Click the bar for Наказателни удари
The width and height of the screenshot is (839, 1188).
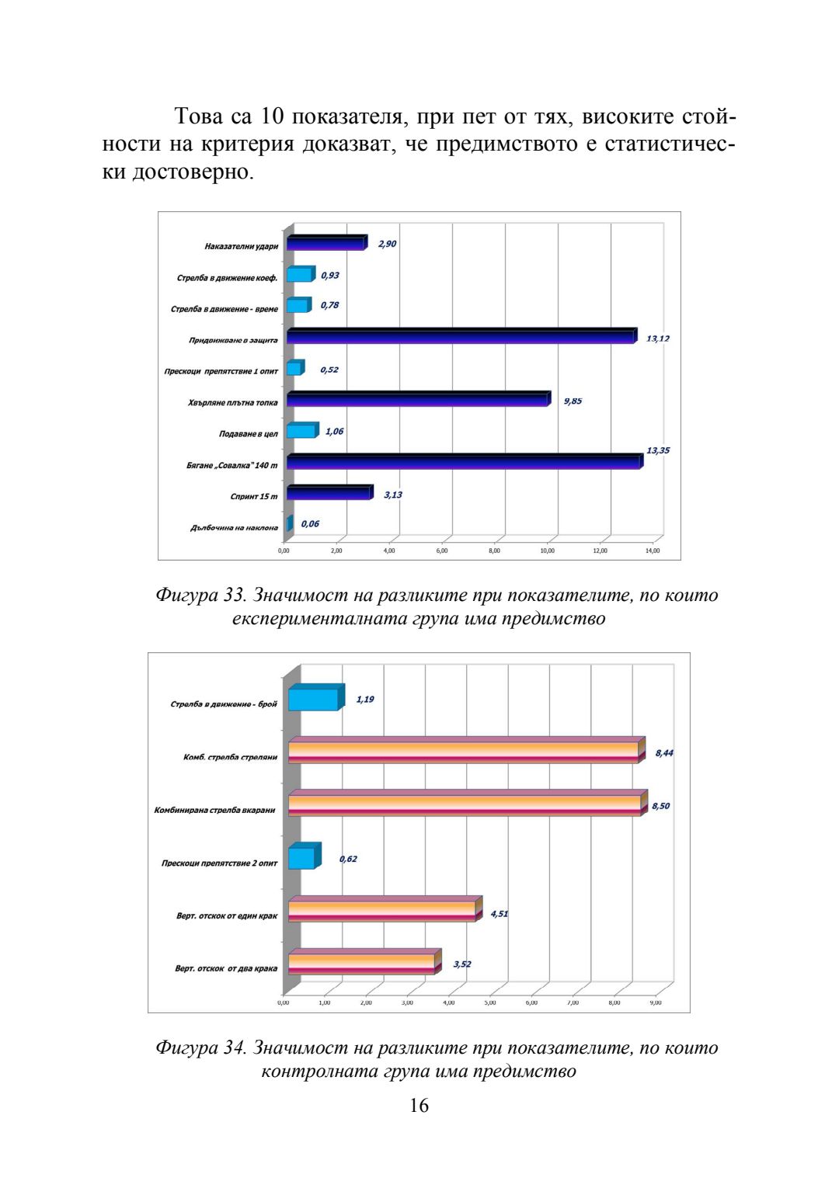click(326, 244)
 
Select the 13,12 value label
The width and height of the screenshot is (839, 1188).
click(657, 339)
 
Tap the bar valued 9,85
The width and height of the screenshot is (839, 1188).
click(418, 400)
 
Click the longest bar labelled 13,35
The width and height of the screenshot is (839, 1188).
click(464, 462)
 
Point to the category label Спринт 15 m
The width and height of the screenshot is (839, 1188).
click(253, 496)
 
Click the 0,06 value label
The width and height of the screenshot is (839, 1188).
click(310, 524)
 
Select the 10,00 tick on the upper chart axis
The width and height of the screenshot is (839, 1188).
click(547, 551)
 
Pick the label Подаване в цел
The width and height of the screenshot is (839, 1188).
click(248, 434)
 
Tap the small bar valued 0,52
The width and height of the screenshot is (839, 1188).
click(294, 368)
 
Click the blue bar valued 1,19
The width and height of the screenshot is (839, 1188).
click(314, 699)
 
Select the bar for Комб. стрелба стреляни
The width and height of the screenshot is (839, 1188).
click(464, 752)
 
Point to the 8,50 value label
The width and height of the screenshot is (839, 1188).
click(660, 806)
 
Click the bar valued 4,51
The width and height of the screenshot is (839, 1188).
click(382, 910)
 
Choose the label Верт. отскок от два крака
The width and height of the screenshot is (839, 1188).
click(226, 968)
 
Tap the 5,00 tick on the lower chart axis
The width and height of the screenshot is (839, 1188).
click(490, 1002)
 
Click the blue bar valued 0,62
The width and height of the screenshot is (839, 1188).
click(302, 858)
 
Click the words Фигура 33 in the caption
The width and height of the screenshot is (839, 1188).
click(200, 596)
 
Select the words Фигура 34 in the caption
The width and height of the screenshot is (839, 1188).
click(200, 1048)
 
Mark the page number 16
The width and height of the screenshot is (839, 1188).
click(419, 1106)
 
